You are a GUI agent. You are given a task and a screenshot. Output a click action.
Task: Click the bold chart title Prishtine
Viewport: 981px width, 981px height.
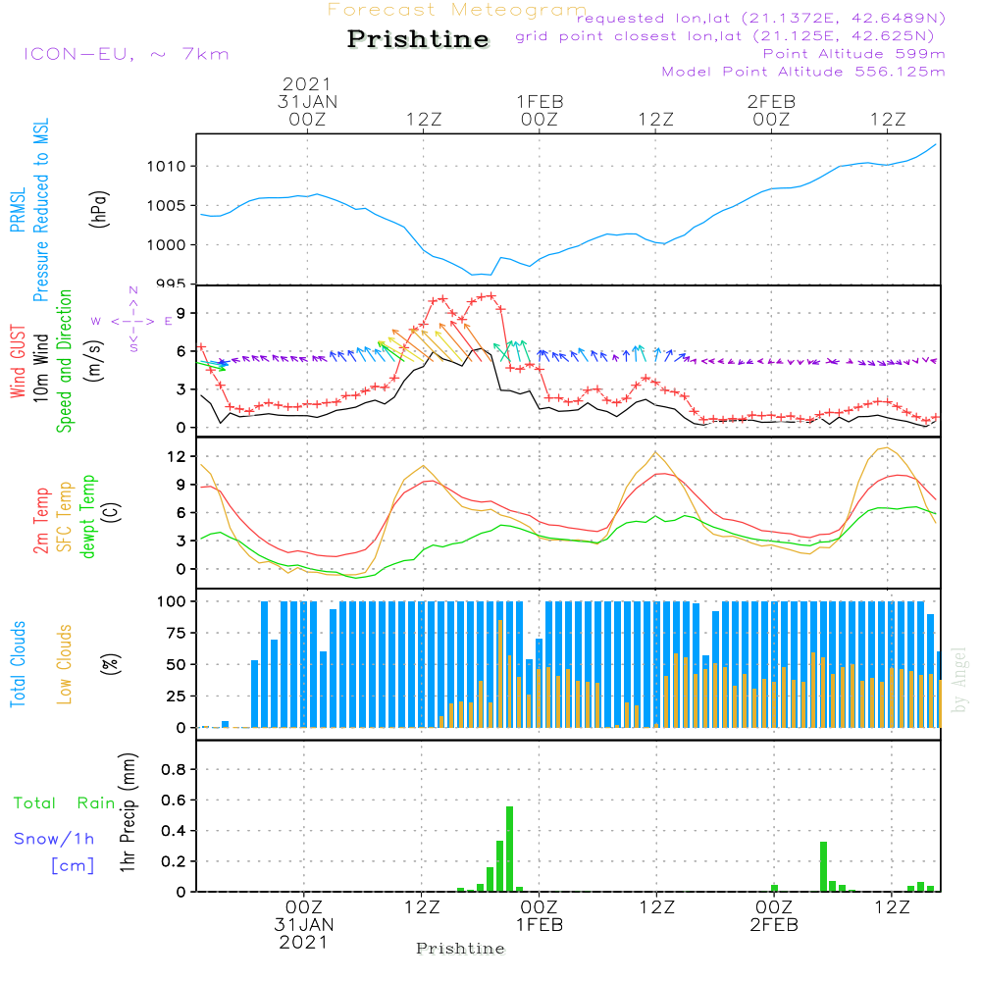[x=418, y=39]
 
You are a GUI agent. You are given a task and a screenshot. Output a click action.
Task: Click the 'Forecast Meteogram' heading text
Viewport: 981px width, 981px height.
[x=457, y=11]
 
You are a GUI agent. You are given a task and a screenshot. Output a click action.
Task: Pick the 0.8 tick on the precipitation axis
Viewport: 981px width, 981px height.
[x=173, y=770]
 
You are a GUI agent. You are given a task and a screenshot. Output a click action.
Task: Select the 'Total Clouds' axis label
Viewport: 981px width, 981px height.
[x=18, y=664]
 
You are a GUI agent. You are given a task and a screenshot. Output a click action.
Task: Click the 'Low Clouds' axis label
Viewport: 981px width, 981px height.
[x=65, y=664]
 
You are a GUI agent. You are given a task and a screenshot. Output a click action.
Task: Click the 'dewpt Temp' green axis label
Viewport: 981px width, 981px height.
[x=88, y=517]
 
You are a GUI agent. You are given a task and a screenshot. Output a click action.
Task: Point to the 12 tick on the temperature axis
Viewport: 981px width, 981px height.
[x=178, y=455]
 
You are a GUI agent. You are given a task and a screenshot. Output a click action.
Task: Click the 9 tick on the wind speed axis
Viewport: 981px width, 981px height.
[x=181, y=313]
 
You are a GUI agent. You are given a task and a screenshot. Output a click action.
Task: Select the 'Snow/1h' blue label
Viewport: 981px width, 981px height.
[x=55, y=840]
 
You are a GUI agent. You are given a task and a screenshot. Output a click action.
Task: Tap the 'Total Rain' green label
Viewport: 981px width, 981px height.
[x=65, y=803]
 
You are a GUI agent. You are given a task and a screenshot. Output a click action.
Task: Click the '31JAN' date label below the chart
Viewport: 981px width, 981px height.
[x=304, y=925]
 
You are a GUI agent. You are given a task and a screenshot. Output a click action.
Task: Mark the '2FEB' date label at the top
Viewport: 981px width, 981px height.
[x=771, y=101]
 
